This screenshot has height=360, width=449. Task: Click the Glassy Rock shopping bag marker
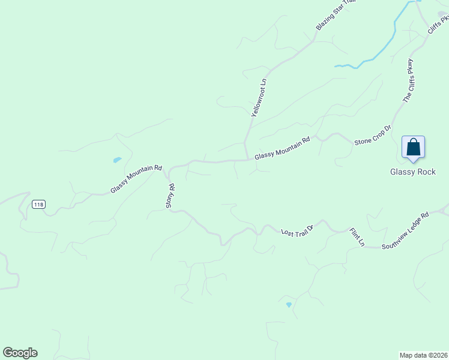coord(413,148)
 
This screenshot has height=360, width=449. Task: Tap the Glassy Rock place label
coord(412,172)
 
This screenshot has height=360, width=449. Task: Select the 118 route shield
coord(38,205)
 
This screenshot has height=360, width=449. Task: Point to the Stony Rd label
coord(170,196)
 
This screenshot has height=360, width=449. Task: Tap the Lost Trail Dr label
coord(298,230)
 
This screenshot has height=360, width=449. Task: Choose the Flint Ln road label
coord(358,236)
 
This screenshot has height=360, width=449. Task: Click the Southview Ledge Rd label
coord(406,230)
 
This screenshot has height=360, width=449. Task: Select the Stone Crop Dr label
coord(373,135)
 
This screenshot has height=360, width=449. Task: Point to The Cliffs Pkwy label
coord(409,80)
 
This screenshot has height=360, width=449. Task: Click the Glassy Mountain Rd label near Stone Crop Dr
coord(282,148)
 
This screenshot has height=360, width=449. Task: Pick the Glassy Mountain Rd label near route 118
coord(136,179)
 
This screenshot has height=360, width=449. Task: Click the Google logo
coord(20,353)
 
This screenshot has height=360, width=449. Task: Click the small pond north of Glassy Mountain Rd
coord(117,160)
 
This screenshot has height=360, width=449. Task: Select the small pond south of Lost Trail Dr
coord(289,305)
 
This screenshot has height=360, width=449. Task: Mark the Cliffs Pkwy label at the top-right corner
coord(439,28)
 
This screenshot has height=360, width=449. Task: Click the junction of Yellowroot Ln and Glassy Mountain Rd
coord(248,160)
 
